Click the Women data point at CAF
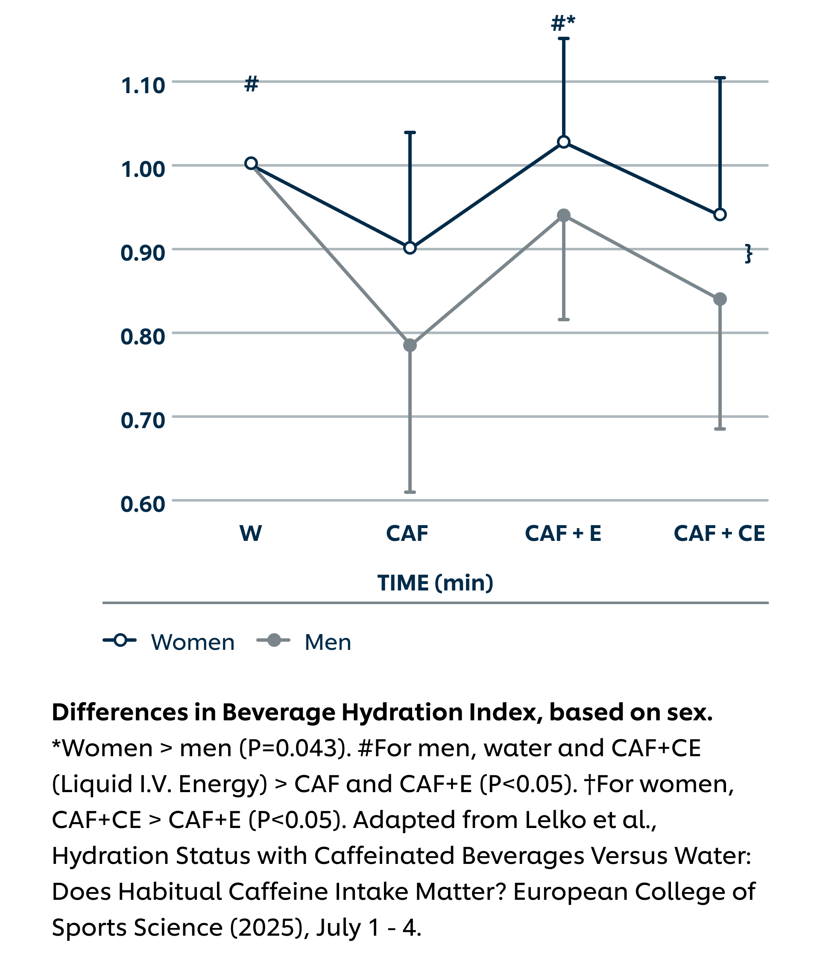pyautogui.click(x=410, y=248)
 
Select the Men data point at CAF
pyautogui.click(x=410, y=346)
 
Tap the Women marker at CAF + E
pyautogui.click(x=563, y=142)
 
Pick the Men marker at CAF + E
pyautogui.click(x=563, y=215)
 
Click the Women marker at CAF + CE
pyautogui.click(x=720, y=214)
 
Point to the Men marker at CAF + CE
pyautogui.click(x=720, y=299)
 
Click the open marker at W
pyautogui.click(x=251, y=163)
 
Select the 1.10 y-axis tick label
pyautogui.click(x=143, y=85)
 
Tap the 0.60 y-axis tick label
pyautogui.click(x=143, y=504)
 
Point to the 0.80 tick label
pyautogui.click(x=143, y=337)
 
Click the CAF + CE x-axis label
pyautogui.click(x=719, y=533)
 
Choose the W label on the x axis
pyautogui.click(x=251, y=533)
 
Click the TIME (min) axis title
pyautogui.click(x=435, y=583)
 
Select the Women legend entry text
pyautogui.click(x=193, y=642)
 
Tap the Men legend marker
pyautogui.click(x=274, y=640)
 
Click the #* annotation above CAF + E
pyautogui.click(x=563, y=23)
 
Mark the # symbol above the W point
pyautogui.click(x=251, y=84)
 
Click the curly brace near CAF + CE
pyautogui.click(x=748, y=253)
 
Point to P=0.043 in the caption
pyautogui.click(x=295, y=748)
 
